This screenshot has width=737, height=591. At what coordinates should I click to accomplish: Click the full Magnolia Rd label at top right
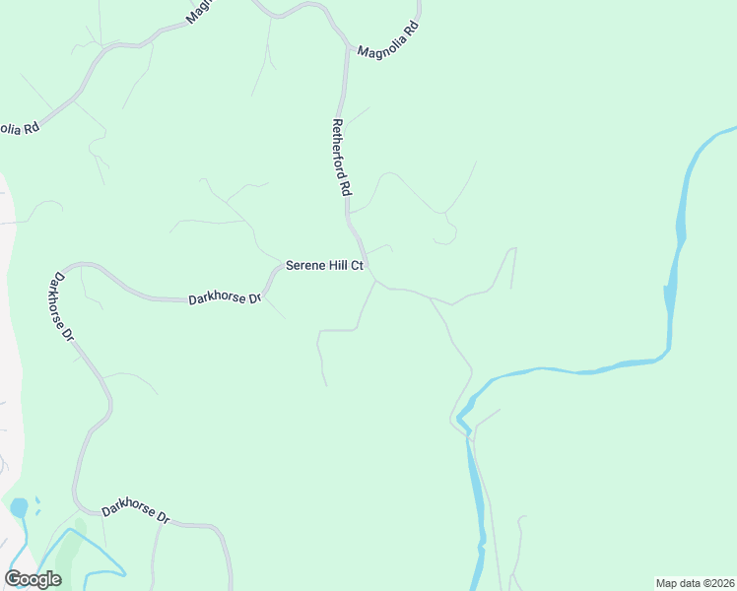pos(388,40)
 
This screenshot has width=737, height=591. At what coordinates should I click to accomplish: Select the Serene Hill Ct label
pos(325,265)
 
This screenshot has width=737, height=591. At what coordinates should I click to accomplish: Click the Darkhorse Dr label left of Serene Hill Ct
pos(225,297)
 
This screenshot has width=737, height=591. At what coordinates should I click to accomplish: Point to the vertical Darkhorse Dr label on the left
pos(61,306)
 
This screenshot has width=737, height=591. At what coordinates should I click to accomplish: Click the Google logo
pos(33,579)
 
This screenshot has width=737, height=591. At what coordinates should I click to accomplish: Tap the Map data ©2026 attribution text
pos(695,583)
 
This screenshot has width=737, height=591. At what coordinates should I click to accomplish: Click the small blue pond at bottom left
pos(19,508)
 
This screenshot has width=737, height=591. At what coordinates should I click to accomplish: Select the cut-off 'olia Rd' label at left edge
pos(18,128)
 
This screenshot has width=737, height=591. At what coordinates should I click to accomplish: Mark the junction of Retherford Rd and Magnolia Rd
pos(348,46)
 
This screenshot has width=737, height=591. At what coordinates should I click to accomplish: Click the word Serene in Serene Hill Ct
pos(304,265)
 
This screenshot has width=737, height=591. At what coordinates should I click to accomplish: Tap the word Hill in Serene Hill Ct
pos(339,265)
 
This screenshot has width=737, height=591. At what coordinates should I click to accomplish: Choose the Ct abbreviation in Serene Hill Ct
pos(359,265)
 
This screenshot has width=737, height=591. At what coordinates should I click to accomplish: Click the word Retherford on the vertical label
pos(340,149)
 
